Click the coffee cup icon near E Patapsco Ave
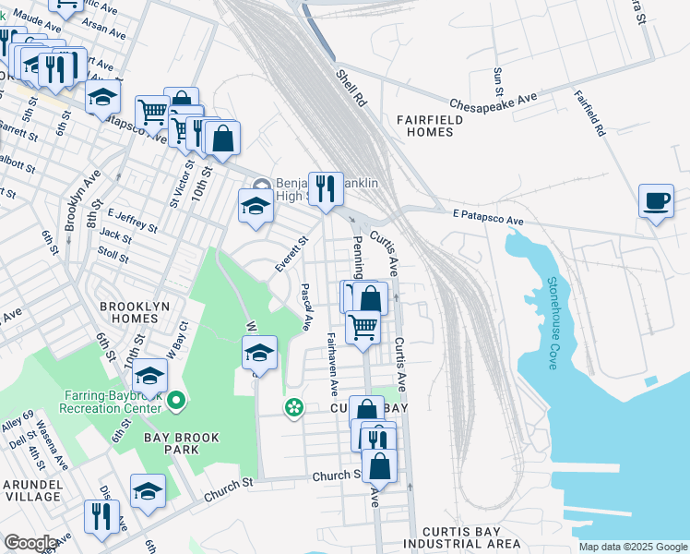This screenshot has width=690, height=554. [656, 200]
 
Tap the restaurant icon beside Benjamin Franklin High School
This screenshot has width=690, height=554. [325, 188]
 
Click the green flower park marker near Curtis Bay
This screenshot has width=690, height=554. [294, 406]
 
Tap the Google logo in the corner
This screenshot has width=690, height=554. [30, 542]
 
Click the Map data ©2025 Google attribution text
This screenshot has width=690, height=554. [633, 547]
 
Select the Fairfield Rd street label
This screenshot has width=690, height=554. [588, 114]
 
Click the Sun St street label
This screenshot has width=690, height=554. [498, 81]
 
